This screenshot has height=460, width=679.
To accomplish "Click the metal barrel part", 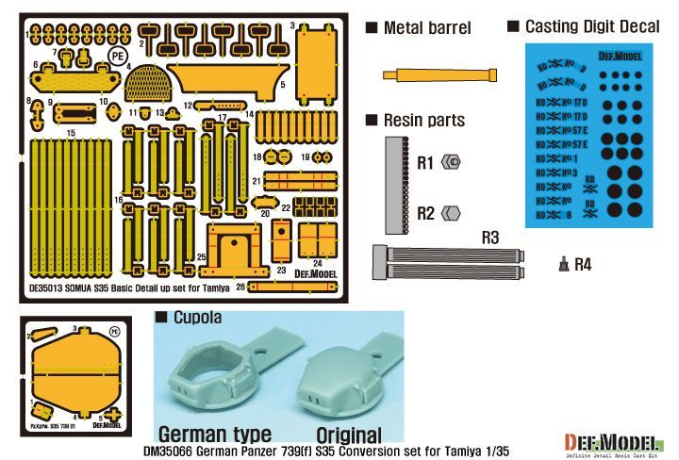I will (x=439, y=74).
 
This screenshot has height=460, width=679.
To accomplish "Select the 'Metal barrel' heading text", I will (x=426, y=28).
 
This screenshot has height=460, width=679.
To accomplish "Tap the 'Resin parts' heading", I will (x=423, y=120).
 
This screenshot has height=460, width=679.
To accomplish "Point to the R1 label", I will (x=425, y=163).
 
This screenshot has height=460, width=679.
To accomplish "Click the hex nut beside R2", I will (x=452, y=213).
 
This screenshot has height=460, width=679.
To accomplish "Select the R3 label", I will (x=489, y=237).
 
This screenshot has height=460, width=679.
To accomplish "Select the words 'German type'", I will (x=215, y=435).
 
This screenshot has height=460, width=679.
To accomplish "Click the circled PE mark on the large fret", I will (x=118, y=56).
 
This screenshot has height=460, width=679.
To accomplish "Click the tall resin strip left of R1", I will (x=393, y=185).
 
